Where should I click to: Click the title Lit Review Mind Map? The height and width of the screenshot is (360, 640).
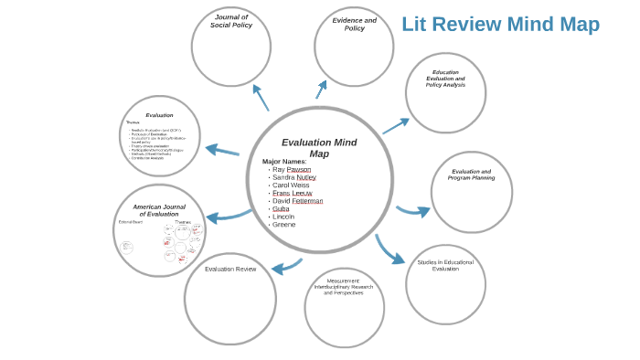pyautogui.click(x=500, y=25)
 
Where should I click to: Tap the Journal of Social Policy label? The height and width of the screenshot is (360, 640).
pyautogui.click(x=231, y=21)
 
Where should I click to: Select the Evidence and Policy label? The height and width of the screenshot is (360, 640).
pyautogui.click(x=354, y=24)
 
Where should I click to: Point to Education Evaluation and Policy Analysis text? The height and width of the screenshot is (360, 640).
pyautogui.click(x=445, y=79)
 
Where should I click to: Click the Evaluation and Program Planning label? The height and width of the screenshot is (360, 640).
pyautogui.click(x=471, y=175)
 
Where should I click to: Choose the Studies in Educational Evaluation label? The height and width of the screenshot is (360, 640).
pyautogui.click(x=445, y=265)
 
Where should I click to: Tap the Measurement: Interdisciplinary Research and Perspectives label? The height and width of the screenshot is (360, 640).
pyautogui.click(x=344, y=287)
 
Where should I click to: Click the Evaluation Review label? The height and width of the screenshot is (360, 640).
pyautogui.click(x=230, y=269)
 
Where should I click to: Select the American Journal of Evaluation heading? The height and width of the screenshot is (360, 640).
pyautogui.click(x=159, y=210)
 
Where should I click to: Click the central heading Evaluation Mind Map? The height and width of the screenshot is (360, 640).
pyautogui.click(x=319, y=147)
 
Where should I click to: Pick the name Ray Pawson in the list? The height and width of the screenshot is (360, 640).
pyautogui.click(x=292, y=169)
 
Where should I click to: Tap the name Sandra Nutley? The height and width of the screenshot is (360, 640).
pyautogui.click(x=294, y=177)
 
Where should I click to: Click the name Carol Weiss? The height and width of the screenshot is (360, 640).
pyautogui.click(x=291, y=185)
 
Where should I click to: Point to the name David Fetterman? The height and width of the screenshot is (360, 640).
pyautogui.click(x=297, y=201)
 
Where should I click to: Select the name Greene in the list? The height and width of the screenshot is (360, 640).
pyautogui.click(x=283, y=224)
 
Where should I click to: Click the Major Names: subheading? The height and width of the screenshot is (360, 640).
pyautogui.click(x=284, y=161)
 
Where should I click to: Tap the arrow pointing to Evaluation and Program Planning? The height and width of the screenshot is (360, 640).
pyautogui.click(x=413, y=211)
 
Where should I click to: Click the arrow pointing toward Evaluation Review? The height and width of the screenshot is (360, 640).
pyautogui.click(x=286, y=266)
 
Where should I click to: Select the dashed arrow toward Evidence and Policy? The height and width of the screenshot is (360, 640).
pyautogui.click(x=321, y=89)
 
